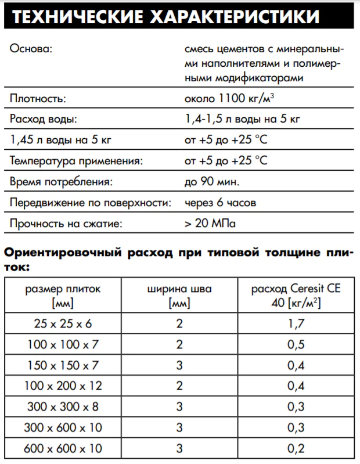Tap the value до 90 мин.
(x=211, y=182)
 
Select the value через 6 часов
(x=221, y=203)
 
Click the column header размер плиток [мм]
(x=63, y=296)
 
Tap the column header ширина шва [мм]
(x=179, y=296)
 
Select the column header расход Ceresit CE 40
(x=296, y=296)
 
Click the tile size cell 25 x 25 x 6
(x=63, y=322)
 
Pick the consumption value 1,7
(x=296, y=322)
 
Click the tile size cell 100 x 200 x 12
(x=63, y=386)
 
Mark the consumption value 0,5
(x=296, y=344)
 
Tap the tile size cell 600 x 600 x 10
(x=63, y=448)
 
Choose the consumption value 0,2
(x=296, y=448)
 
